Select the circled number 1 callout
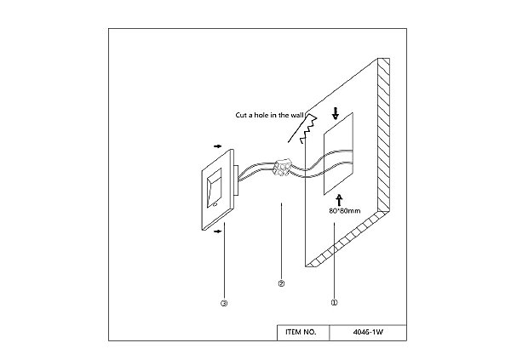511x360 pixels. (334, 300)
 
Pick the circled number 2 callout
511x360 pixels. (281, 283)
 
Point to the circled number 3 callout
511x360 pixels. (223, 301)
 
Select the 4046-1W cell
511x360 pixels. (367, 332)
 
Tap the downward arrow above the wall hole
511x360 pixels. (336, 113)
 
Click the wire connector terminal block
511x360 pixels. (280, 167)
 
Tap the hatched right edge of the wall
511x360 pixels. (385, 136)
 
